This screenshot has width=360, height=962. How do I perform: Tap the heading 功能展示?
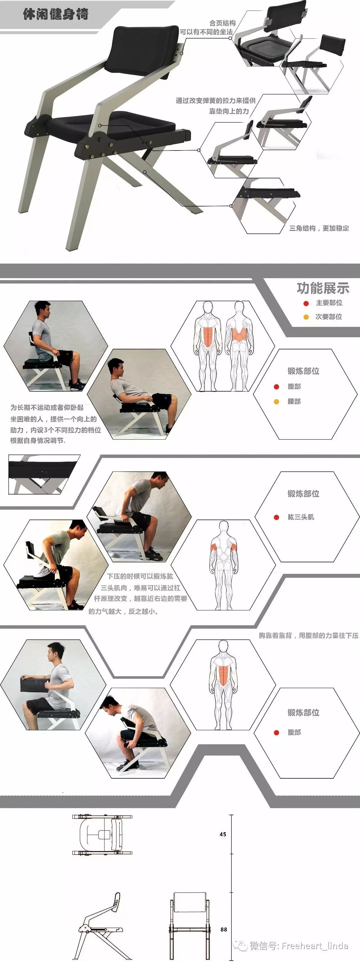(323, 288)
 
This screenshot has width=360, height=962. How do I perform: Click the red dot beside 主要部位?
(306, 303)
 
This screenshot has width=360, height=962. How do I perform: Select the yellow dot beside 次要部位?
(306, 317)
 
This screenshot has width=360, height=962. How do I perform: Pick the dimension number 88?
(224, 929)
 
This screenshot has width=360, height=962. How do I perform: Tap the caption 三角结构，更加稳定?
(319, 228)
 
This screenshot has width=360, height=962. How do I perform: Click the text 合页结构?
(222, 23)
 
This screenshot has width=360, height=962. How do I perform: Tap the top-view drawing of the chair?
(102, 834)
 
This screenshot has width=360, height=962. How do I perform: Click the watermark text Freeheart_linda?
(315, 946)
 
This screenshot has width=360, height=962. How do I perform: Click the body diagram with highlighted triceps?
(223, 564)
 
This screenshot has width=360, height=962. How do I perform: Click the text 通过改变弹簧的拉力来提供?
(216, 100)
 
